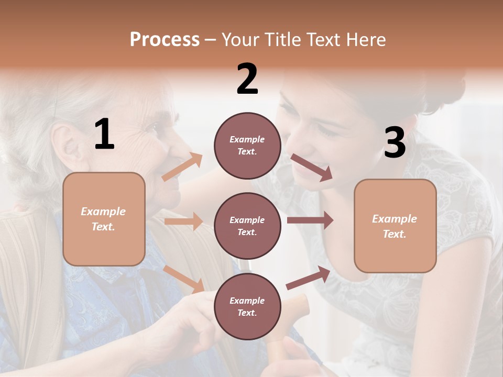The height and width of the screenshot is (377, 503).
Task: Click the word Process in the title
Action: tap(165, 40)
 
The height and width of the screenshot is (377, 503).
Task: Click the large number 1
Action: tap(104, 135)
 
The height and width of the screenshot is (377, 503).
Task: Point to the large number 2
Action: tap(247, 79)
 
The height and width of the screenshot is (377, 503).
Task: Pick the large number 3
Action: tap(395, 143)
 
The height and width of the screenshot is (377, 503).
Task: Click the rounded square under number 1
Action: tap(104, 219)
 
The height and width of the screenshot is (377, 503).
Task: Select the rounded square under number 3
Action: tap(395, 226)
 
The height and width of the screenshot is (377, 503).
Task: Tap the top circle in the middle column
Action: tap(247, 146)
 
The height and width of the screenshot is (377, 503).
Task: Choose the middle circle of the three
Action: tap(247, 226)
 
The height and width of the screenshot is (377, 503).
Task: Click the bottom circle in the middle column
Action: tap(247, 306)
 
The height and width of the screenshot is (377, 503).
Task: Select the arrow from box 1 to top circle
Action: tap(182, 167)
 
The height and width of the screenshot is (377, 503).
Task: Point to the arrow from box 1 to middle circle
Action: tap(183, 221)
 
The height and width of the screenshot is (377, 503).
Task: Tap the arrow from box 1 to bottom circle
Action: tap(184, 279)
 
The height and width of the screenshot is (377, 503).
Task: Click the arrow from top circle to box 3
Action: tap(312, 168)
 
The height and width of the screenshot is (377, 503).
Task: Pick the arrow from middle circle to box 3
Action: tap(310, 220)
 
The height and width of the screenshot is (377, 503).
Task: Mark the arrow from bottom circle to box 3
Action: tap(308, 278)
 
